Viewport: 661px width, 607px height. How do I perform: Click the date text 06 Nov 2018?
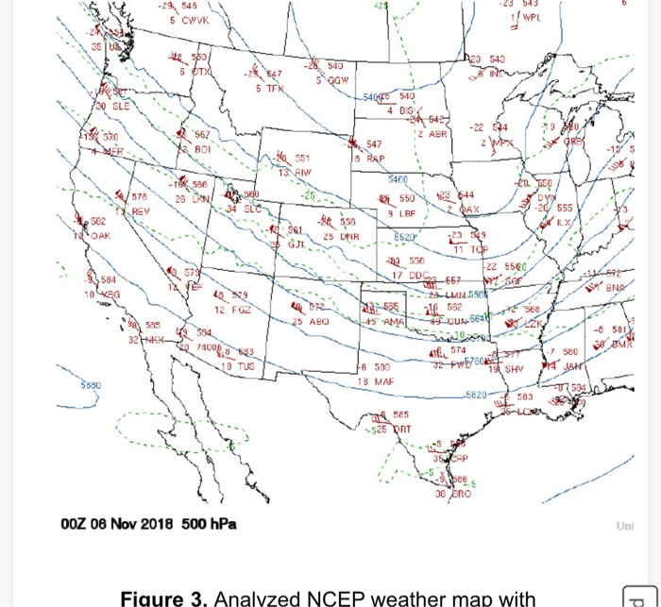tap(120, 524)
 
